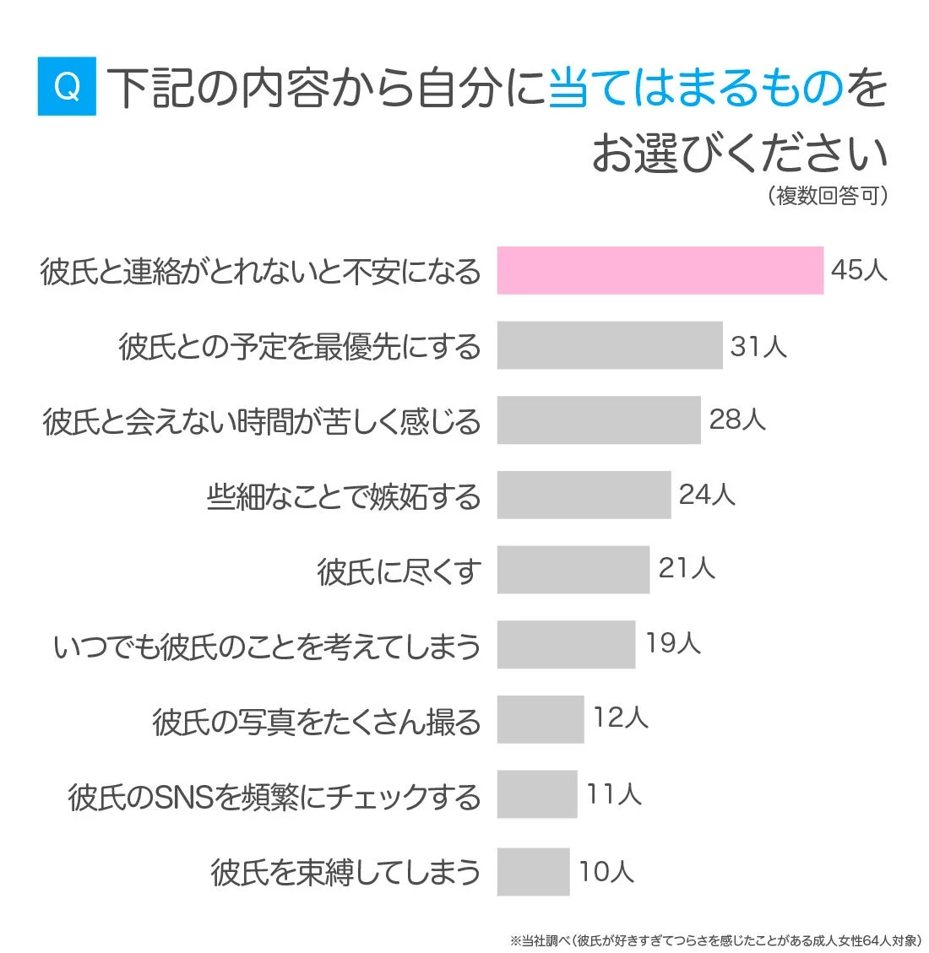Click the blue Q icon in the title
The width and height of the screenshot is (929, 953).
point(67,86)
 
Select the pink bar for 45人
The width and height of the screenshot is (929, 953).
point(660,271)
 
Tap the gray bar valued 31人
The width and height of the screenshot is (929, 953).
point(609,345)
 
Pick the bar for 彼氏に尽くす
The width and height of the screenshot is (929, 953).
point(573,570)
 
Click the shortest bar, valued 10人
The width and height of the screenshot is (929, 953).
point(533,871)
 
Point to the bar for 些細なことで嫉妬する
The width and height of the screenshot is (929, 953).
point(584,495)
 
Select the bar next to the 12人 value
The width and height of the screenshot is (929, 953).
point(540,719)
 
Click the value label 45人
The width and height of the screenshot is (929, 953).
point(859,270)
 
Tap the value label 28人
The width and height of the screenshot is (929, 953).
point(737,420)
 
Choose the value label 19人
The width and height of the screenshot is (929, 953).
point(673,643)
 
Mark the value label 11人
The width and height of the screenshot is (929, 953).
point(614,794)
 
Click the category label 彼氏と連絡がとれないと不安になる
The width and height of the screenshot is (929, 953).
point(260,272)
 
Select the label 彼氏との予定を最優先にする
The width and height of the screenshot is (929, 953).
point(300,347)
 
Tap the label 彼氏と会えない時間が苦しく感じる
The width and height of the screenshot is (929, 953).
point(262,421)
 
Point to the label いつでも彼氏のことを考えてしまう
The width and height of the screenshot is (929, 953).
point(267,647)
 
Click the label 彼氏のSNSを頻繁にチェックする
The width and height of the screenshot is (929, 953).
point(274,797)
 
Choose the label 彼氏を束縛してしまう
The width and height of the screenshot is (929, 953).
point(345,872)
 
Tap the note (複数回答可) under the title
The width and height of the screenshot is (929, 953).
point(828,196)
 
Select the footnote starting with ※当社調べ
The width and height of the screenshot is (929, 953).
point(715,939)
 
